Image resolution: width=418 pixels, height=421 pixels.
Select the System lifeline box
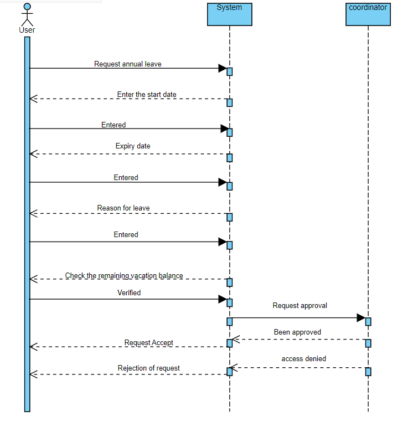229,14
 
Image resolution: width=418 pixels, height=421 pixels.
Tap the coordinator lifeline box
368,14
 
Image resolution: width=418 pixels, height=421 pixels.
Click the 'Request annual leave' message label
128,64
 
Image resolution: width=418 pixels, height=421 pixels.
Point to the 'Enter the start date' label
147,95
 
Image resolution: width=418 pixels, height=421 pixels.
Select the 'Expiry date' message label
133,146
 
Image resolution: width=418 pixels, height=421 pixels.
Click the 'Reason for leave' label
123,208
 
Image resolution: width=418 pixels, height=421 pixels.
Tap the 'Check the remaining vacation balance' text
124,275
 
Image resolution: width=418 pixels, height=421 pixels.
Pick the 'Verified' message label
129,292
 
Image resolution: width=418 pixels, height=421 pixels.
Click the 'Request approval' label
300,305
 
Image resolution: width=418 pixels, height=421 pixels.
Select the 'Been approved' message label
297,332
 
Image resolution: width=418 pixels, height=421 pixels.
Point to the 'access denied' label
303,359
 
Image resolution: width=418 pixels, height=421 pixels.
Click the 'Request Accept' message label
148,343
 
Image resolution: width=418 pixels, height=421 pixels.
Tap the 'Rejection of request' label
148,368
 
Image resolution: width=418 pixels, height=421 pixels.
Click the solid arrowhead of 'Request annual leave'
223,69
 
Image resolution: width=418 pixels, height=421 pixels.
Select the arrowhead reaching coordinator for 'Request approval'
361,318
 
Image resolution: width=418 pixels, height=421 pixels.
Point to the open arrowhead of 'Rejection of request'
33,374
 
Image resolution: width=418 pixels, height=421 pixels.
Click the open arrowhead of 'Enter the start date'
33,99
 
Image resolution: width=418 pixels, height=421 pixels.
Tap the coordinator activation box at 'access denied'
368,371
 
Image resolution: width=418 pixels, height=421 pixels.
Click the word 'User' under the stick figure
27,30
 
